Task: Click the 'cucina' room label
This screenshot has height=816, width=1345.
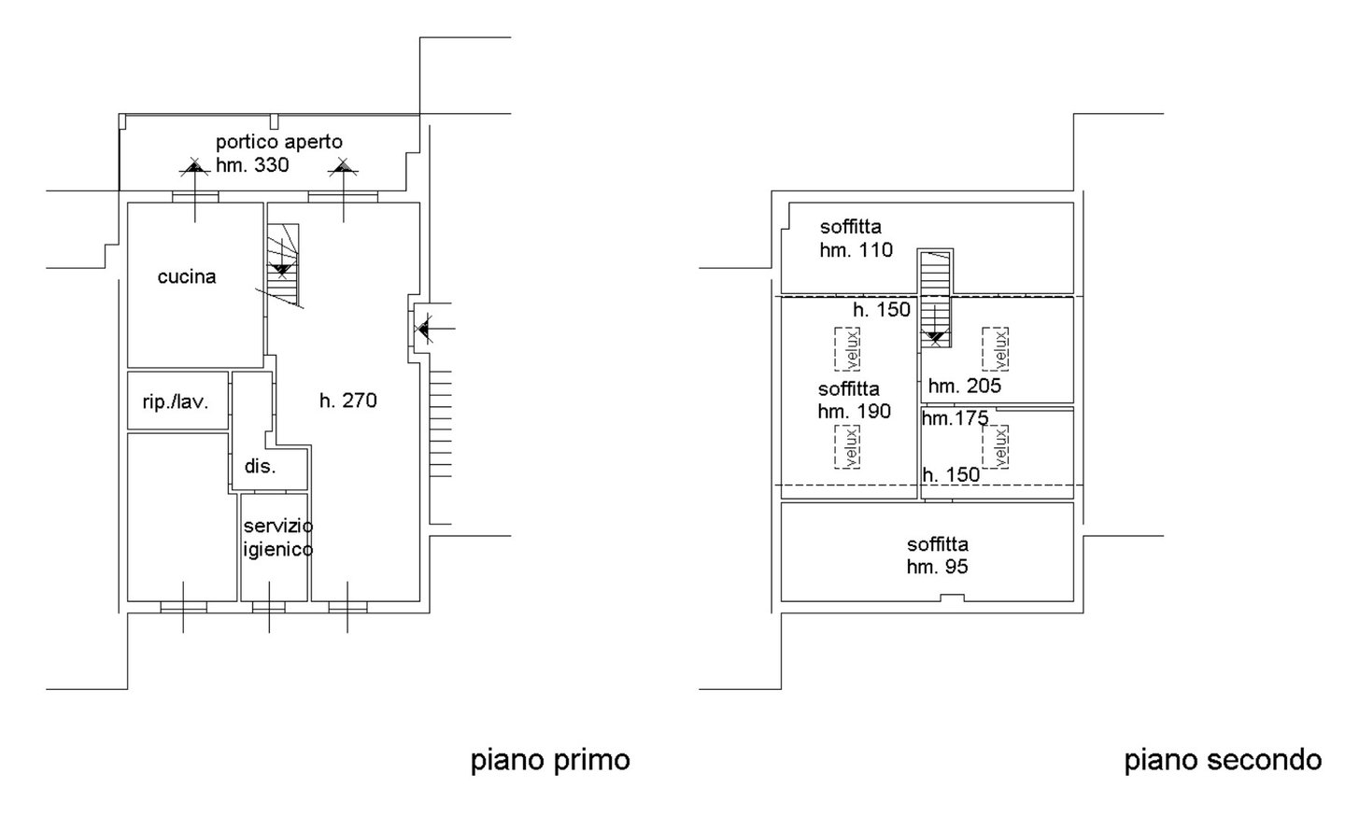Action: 187,276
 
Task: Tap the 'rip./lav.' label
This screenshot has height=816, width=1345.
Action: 175,402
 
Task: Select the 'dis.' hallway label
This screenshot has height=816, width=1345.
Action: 261,466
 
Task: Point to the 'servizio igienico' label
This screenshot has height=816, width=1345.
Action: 277,538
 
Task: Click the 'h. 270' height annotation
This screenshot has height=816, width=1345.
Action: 347,401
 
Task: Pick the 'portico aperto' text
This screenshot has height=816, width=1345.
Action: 279,142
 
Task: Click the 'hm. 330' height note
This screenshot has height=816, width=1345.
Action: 252,165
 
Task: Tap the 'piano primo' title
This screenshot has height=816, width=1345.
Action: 549,760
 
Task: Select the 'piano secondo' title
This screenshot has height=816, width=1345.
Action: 1223,760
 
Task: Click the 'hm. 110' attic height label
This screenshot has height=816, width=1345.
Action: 856,249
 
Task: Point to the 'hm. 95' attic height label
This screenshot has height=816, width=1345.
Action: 937,567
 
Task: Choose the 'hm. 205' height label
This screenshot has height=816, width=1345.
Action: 964,385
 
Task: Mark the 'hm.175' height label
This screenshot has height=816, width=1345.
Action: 955,419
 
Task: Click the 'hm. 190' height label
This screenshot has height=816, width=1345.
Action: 854,411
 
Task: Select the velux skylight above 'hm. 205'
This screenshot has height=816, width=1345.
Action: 996,348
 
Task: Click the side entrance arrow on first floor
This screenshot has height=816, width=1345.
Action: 426,328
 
